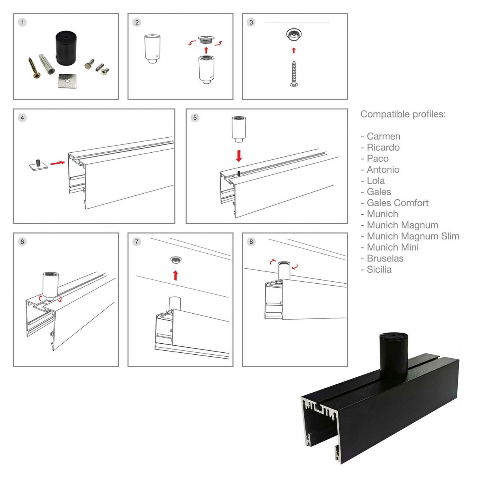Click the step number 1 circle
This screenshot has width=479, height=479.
pos(22,22)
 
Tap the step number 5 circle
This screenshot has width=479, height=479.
pos(195,118)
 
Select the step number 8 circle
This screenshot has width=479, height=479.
pos(251,241)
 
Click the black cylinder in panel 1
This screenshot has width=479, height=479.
pos(65,48)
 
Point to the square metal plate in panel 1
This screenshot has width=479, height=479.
pos(67,80)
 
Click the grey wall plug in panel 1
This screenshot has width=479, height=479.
pos(47,64)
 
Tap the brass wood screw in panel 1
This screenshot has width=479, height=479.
pos(35,67)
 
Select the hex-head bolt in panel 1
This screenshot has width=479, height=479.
pos(90,64)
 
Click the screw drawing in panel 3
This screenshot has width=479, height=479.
pos(294,74)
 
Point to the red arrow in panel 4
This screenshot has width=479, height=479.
pos(58,163)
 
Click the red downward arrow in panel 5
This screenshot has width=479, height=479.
pos(239,155)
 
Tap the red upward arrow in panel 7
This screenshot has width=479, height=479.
pos(176,275)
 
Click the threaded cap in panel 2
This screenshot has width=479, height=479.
pos(206,40)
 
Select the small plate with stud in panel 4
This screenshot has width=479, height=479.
pos(39,165)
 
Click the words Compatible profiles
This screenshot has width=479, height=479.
pos(403,114)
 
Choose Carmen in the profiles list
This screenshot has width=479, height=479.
pos(383,136)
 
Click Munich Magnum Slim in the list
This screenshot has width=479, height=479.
pos(413,236)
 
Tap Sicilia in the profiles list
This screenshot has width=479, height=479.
pos(379,269)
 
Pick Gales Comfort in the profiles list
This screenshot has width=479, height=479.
pos(398,203)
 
